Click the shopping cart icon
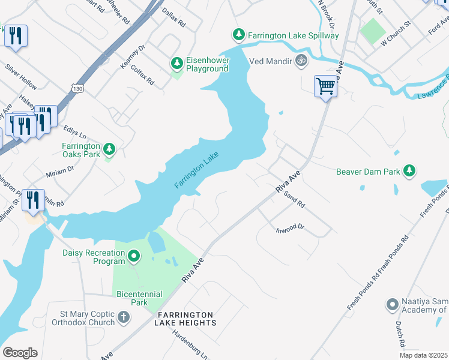click(325, 86)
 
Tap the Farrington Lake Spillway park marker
click(239, 35)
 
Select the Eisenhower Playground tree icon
click(176, 62)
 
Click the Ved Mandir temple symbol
click(301, 60)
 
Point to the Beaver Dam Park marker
click(409, 171)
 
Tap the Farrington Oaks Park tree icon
click(109, 149)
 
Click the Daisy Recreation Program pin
click(133, 257)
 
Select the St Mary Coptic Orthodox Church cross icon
click(123, 317)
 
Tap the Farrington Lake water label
click(197, 171)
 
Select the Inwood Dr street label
click(291, 229)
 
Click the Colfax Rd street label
click(142, 74)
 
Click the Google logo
click(20, 353)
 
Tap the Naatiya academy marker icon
click(392, 305)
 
